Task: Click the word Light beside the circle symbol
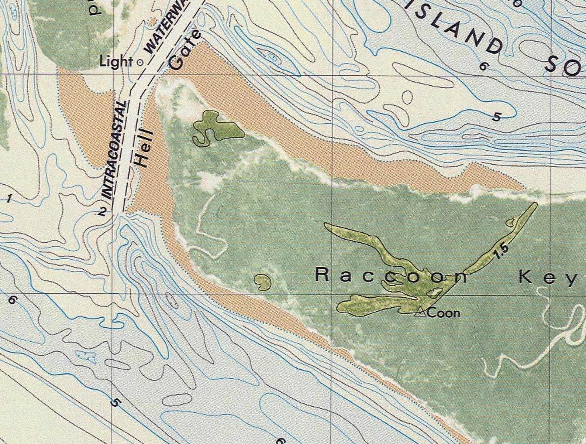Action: click(116, 62)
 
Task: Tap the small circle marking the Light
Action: click(140, 63)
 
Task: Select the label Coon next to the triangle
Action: click(444, 314)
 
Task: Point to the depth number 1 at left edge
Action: click(8, 200)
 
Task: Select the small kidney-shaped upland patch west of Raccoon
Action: click(263, 282)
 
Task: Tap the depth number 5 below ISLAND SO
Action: click(497, 117)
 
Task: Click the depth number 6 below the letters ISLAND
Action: click(483, 66)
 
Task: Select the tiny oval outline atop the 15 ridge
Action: click(511, 222)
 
